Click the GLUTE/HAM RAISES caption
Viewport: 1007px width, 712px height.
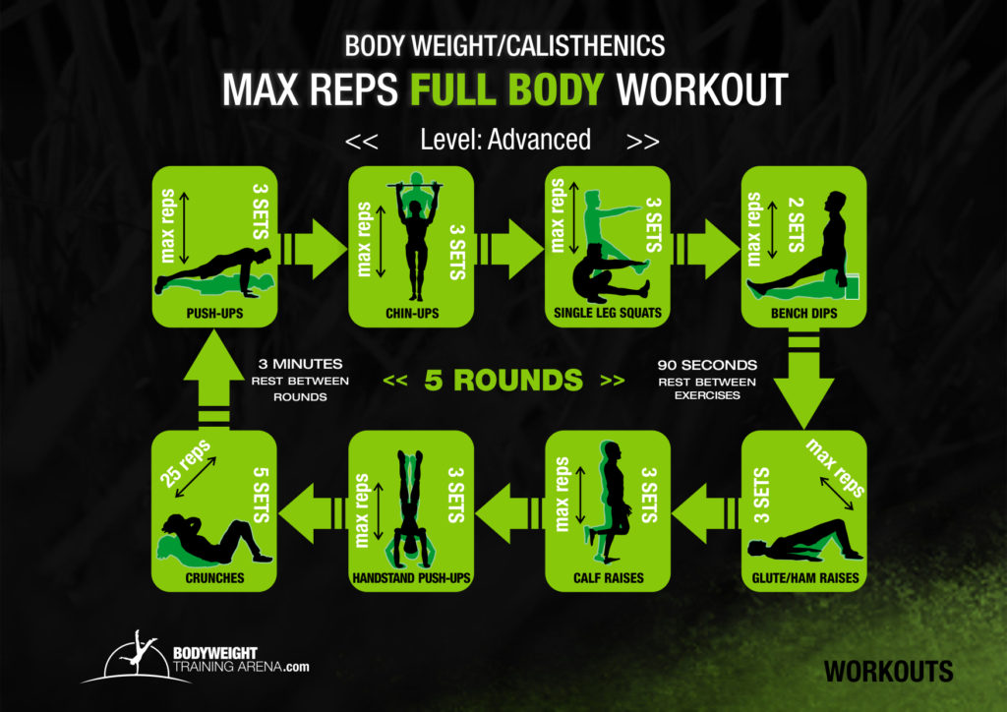tap(803, 578)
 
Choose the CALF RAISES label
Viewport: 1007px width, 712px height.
tap(607, 578)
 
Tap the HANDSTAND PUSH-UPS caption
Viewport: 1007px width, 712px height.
tap(411, 578)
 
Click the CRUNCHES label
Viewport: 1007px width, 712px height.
tap(214, 578)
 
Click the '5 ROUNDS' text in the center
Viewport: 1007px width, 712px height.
tap(503, 380)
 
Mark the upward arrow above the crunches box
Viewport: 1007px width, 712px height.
tap(214, 379)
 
